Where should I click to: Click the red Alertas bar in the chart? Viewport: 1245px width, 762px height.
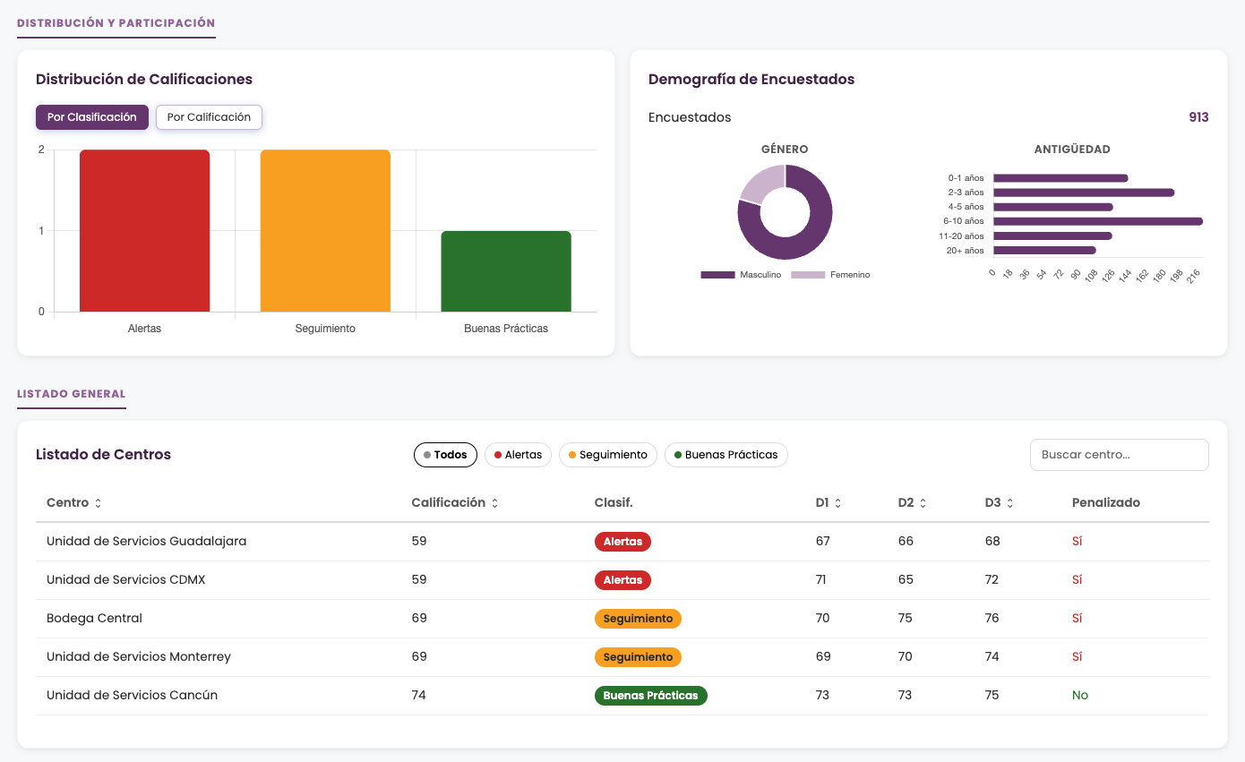[144, 231]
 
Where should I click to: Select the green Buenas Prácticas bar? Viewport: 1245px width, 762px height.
[506, 271]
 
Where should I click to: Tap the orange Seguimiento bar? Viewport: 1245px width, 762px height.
[325, 231]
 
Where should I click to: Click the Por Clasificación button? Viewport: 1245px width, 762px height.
[91, 117]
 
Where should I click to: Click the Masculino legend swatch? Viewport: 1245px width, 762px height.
[717, 275]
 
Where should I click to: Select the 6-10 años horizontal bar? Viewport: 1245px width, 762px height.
[1098, 221]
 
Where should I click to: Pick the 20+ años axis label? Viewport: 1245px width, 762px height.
[965, 251]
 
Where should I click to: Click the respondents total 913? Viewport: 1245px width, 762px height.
[1198, 117]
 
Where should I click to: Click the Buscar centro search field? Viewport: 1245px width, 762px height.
[1119, 455]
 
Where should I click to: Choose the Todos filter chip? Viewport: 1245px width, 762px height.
[445, 455]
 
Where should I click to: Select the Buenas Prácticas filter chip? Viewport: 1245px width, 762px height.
[726, 455]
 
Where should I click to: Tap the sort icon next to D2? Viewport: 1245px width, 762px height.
[923, 503]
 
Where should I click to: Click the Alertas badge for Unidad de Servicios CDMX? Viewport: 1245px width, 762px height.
[622, 579]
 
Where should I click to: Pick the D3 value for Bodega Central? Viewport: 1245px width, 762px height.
[992, 618]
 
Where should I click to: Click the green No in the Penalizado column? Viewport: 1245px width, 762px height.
[1080, 695]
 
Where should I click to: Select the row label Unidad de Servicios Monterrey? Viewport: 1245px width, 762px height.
[139, 656]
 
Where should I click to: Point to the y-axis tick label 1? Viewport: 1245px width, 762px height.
[41, 231]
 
